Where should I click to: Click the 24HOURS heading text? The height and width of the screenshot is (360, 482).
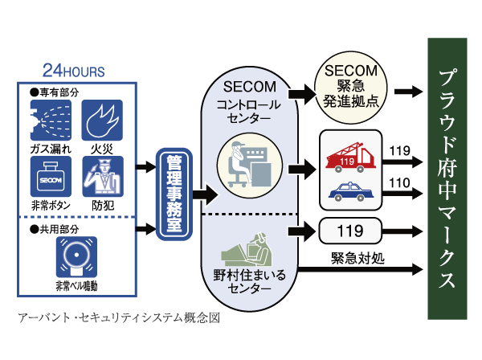pyautogui.click(x=73, y=71)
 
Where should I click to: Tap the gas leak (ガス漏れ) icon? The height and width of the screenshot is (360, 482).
pyautogui.click(x=50, y=119)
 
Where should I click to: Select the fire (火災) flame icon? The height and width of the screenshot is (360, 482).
pyautogui.click(x=103, y=119)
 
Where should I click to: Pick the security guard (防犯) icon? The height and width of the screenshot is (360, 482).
pyautogui.click(x=103, y=174)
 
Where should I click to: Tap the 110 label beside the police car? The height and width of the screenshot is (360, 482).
pyautogui.click(x=398, y=182)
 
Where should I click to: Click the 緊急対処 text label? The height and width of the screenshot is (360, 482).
pyautogui.click(x=354, y=259)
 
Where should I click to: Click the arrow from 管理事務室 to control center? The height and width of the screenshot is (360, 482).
pyautogui.click(x=206, y=194)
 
